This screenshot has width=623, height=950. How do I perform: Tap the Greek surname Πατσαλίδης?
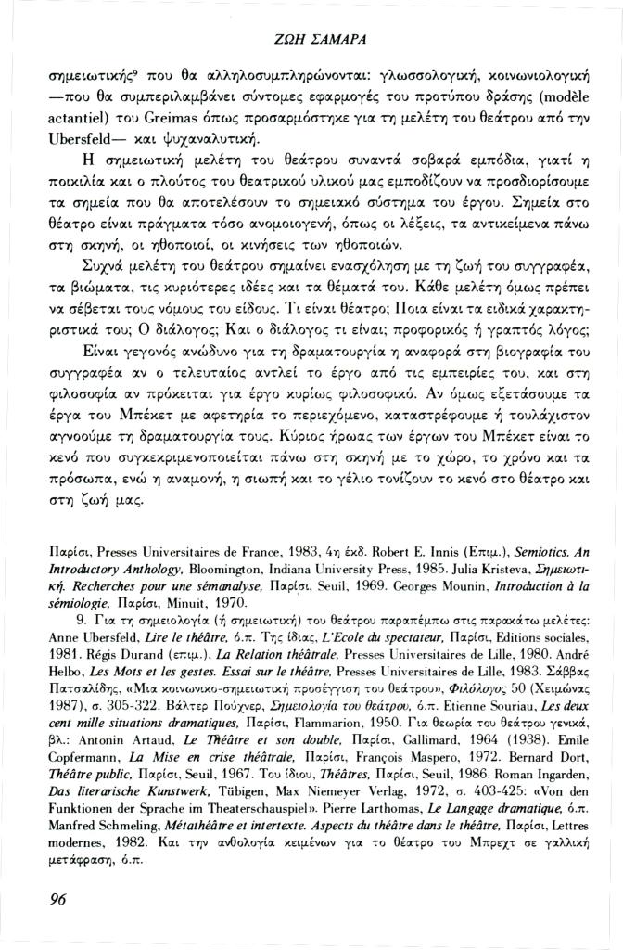(x=86, y=661)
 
